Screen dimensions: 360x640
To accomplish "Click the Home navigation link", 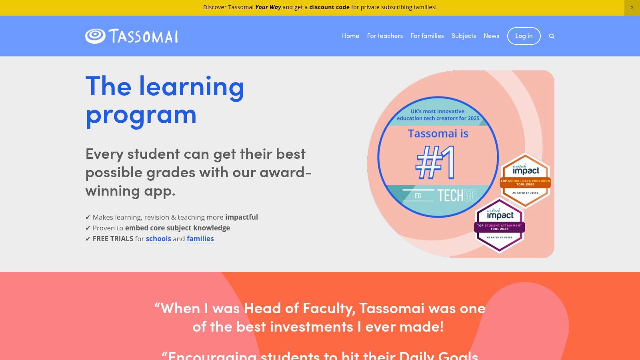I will [350, 36].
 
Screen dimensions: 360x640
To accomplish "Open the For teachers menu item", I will [385, 36].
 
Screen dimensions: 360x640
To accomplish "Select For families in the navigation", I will [427, 36].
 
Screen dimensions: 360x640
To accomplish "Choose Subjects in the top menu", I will [464, 36].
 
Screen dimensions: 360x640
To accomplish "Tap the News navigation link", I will [491, 36].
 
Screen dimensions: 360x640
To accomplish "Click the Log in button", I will [524, 36].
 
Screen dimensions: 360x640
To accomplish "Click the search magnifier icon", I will [552, 36].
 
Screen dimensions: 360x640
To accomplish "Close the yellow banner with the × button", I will [632, 8].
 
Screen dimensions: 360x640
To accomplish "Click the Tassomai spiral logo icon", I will [95, 36].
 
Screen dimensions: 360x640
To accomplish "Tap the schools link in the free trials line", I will [158, 239].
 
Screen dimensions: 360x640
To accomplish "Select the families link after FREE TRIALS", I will [200, 239].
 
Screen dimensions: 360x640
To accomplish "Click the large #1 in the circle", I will [435, 163].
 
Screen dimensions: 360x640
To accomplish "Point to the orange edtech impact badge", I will [526, 180].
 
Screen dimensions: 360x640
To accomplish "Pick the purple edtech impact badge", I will [500, 225].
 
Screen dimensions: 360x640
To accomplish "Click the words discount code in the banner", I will [329, 7].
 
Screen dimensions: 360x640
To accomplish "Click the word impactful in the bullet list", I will [241, 217].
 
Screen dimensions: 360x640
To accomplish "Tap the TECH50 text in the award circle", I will [456, 196].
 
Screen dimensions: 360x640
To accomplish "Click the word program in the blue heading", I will [141, 114].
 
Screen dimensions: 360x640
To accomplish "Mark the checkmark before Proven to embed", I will [88, 228].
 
